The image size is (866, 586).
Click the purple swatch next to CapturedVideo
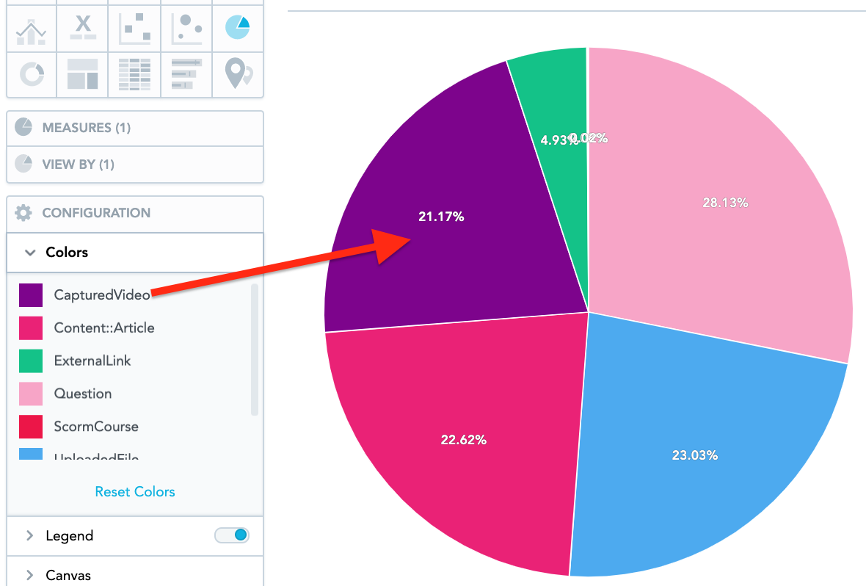(31, 295)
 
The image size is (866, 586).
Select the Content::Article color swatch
(31, 328)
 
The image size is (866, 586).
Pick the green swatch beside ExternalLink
(31, 361)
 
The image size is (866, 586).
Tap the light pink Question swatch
(31, 394)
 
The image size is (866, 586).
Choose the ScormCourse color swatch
(31, 427)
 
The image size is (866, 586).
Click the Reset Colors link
(135, 492)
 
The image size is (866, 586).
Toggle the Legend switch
(232, 535)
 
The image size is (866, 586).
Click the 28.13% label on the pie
(725, 203)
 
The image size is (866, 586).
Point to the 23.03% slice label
(694, 455)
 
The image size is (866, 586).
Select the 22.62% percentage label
(464, 440)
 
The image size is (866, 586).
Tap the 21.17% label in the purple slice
(441, 217)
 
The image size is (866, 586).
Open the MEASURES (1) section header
(86, 128)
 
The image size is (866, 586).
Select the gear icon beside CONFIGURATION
(23, 213)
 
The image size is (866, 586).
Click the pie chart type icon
(238, 27)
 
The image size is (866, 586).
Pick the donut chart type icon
(32, 73)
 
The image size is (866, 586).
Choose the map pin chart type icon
(238, 73)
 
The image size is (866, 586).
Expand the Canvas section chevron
(30, 575)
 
